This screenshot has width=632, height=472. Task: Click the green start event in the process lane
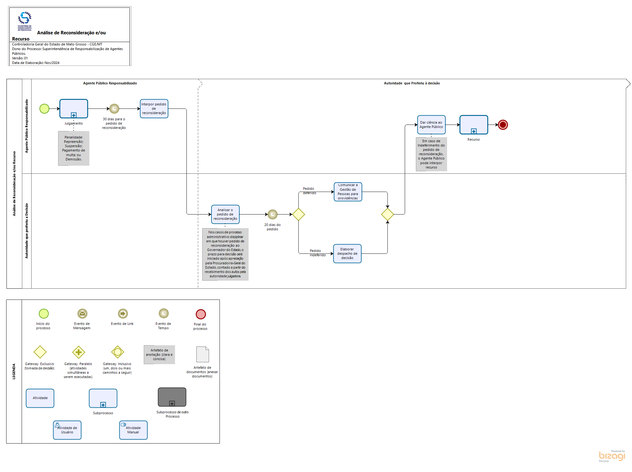[x=44, y=108]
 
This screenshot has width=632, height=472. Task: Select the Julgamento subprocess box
[x=74, y=108]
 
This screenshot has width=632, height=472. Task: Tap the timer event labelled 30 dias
[x=114, y=108]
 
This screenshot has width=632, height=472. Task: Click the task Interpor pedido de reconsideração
[x=154, y=108]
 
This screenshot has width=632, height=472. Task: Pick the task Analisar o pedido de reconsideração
[x=225, y=214]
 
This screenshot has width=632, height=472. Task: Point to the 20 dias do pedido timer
[x=272, y=214]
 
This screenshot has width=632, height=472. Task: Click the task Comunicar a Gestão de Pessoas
[x=348, y=192]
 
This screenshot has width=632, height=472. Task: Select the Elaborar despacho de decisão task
[x=347, y=253]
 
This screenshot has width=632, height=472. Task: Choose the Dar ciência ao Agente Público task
[x=431, y=125]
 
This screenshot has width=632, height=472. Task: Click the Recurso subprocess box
[x=474, y=125]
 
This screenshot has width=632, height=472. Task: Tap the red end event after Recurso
[x=503, y=125]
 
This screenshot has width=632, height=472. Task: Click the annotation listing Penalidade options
[x=74, y=148]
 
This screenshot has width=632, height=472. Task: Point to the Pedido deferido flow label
[x=309, y=191]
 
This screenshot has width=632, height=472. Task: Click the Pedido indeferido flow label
[x=318, y=253]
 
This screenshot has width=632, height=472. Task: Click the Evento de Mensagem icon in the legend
[x=82, y=314]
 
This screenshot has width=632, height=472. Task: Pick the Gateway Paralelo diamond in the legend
[x=79, y=352]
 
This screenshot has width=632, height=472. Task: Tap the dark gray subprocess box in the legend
[x=172, y=397]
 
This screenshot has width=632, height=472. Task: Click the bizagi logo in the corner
[x=612, y=456]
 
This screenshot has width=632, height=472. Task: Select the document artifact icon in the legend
[x=203, y=354]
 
